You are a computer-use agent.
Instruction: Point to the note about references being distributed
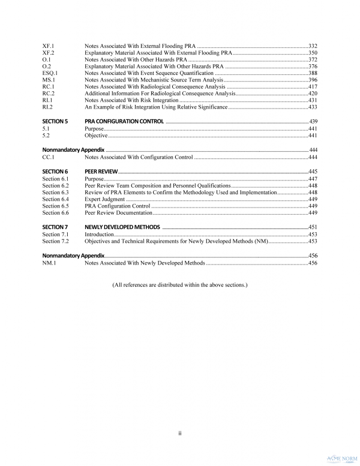(x=179, y=284)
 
